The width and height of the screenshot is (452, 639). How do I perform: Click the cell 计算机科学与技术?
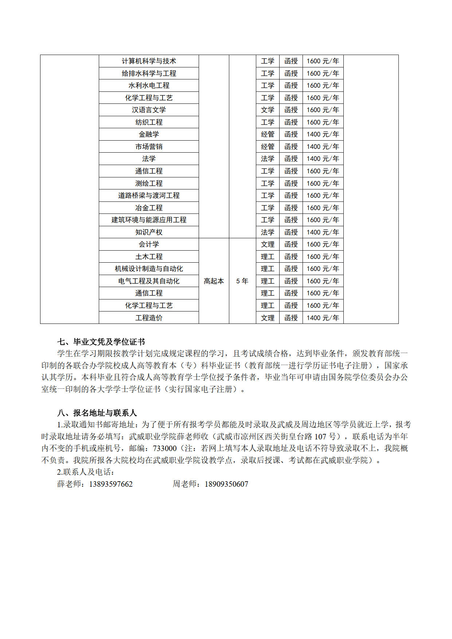[149, 61]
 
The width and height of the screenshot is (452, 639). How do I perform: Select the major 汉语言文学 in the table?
[149, 110]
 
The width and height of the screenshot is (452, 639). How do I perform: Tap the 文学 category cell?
[268, 110]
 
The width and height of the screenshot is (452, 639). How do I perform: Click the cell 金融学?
[149, 134]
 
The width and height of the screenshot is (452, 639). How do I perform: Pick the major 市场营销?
[149, 147]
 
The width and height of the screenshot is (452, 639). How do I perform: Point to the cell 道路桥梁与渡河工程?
[149, 196]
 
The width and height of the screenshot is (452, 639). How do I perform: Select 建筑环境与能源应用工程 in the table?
[149, 220]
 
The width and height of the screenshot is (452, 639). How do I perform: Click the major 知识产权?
[149, 232]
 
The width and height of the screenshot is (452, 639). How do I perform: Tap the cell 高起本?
[214, 281]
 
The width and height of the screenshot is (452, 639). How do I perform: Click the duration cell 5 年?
[242, 281]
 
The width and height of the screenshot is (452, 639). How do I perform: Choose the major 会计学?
[149, 244]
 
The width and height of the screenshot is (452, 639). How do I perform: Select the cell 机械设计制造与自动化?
[149, 269]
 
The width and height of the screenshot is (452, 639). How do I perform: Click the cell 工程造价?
[149, 318]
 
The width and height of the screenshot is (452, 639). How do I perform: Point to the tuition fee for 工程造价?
[323, 318]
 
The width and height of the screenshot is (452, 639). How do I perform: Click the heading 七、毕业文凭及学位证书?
[101, 342]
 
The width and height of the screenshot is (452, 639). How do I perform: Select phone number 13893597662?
[111, 484]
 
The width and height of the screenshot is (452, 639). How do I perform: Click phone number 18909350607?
[226, 484]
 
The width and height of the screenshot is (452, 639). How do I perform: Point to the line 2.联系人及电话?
[86, 472]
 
